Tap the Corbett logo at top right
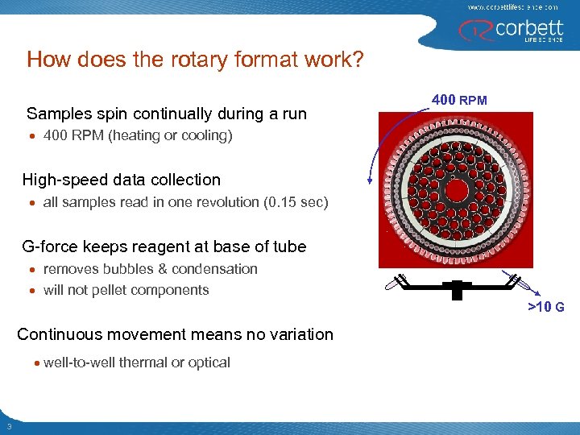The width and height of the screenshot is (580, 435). (x=509, y=31)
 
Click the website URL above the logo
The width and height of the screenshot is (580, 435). (x=512, y=6)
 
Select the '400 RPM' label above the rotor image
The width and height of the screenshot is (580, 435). (x=459, y=100)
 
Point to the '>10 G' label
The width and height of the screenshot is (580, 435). (x=545, y=307)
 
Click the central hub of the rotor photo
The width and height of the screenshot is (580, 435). (x=457, y=191)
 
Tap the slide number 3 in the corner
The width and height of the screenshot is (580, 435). (x=7, y=426)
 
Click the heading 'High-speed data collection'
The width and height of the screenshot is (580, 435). (x=121, y=180)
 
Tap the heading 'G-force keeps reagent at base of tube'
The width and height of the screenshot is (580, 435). (x=164, y=246)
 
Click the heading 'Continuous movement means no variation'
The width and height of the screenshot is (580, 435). (x=175, y=334)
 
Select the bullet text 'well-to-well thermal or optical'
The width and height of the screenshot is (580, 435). (x=136, y=362)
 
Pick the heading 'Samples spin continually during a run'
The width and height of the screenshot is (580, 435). (x=167, y=114)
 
